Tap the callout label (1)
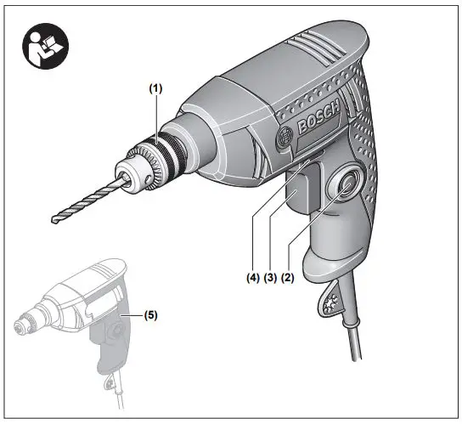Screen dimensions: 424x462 pyautogui.click(x=155, y=87)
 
